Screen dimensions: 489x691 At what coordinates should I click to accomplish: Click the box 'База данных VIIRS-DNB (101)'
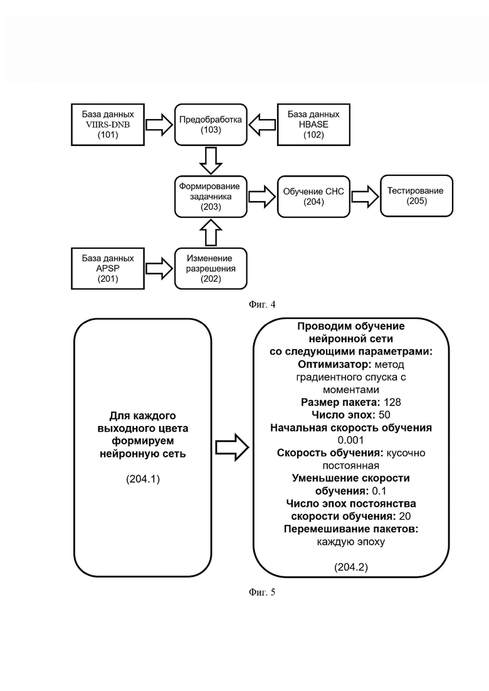pos(108,125)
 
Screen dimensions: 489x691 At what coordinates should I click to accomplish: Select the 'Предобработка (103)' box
pos(211,125)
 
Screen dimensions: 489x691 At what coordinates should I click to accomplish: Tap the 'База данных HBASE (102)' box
pos(313,125)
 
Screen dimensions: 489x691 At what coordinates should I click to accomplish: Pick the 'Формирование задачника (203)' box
pos(211,197)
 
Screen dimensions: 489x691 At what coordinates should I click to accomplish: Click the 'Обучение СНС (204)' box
pos(313,197)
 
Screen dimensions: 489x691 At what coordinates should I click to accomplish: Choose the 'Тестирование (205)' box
pos(417,196)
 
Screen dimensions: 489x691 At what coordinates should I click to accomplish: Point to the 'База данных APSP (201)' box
pos(108,268)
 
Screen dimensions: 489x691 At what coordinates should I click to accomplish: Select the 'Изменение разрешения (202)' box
pos(211,268)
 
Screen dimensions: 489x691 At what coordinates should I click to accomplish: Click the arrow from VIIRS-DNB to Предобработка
pos(159,125)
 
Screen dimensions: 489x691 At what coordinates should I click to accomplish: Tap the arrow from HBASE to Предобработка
pos(262,125)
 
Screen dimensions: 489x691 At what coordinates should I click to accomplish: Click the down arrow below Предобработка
pos(211,160)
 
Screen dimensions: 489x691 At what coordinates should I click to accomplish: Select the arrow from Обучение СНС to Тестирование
pos(365,197)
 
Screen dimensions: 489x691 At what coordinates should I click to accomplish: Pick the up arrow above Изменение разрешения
pos(211,232)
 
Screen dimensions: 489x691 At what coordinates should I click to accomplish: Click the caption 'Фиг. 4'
pos(262,304)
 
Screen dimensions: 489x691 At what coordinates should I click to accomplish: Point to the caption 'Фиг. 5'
pos(262,592)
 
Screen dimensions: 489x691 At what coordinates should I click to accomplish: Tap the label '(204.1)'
pos(143,479)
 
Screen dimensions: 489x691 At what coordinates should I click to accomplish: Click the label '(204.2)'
pos(351,567)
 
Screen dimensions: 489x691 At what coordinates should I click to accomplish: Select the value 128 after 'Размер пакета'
pos(392,402)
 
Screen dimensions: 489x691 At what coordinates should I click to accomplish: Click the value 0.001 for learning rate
pos(351,440)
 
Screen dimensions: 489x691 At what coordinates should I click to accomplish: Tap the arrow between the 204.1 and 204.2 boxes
pos(233,447)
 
